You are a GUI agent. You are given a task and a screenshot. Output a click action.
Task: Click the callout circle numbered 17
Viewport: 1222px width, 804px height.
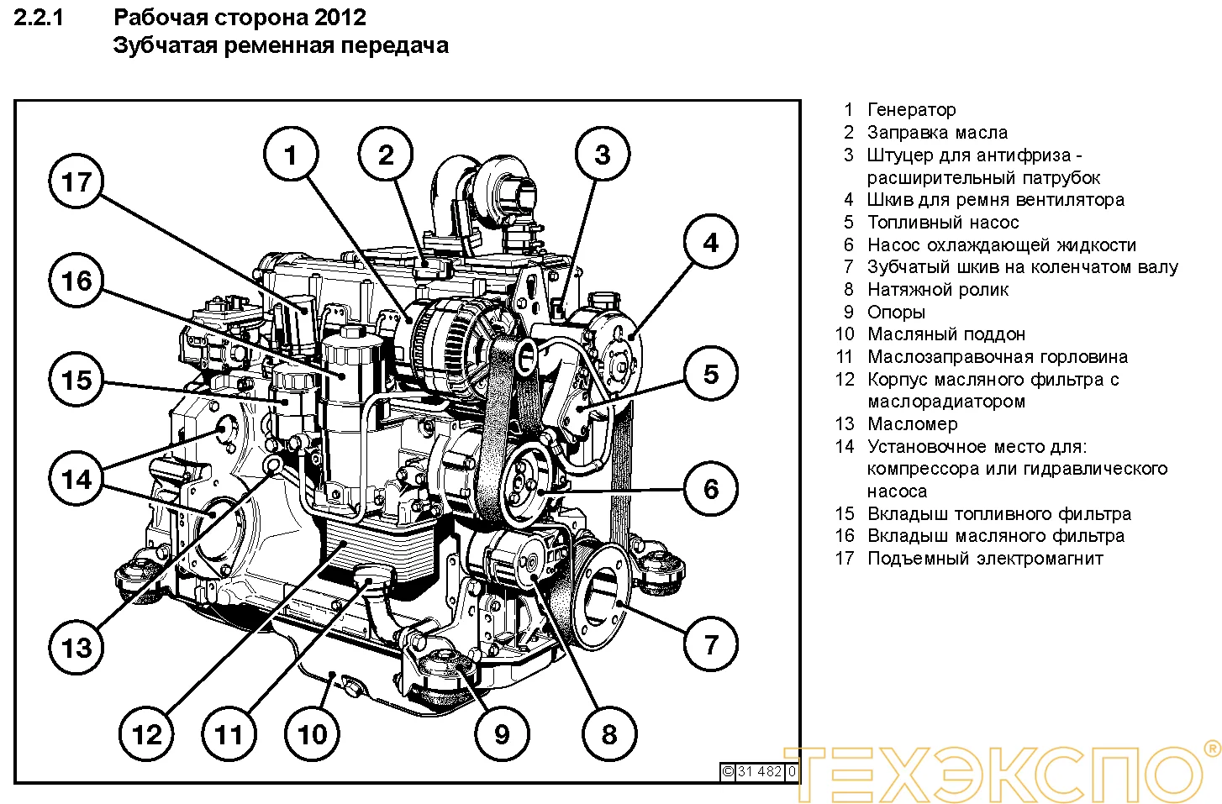tap(76, 182)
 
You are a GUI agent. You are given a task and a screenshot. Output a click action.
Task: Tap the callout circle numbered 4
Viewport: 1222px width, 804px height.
tap(711, 243)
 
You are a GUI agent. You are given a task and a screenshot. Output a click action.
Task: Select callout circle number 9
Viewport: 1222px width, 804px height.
tap(502, 734)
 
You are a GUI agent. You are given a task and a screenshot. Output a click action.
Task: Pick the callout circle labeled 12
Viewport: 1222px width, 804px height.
tap(146, 735)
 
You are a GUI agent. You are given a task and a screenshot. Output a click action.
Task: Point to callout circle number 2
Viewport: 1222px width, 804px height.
tap(386, 155)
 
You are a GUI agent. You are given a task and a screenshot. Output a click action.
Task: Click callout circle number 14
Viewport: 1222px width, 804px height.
tap(76, 480)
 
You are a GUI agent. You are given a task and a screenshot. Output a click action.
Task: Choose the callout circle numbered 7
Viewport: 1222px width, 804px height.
tap(711, 645)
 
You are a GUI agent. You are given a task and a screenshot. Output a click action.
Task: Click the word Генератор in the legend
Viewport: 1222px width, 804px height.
tap(911, 110)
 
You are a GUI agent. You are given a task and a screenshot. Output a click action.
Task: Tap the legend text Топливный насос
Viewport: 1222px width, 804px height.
tap(942, 223)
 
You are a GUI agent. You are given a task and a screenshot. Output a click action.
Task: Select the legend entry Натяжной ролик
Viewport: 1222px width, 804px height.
tap(937, 290)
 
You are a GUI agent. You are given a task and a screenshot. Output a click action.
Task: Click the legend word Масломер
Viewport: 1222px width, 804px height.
tap(912, 424)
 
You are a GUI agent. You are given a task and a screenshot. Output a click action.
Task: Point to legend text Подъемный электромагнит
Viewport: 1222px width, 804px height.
tap(984, 559)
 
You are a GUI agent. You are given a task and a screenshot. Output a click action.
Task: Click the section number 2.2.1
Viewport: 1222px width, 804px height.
tap(39, 18)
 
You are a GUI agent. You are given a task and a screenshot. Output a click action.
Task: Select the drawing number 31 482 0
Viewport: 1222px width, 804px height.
tap(759, 771)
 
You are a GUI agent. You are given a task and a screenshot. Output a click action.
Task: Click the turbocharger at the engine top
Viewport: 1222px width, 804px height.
tap(496, 189)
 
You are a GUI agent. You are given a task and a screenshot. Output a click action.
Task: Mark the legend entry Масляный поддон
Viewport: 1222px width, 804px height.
tap(946, 334)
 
